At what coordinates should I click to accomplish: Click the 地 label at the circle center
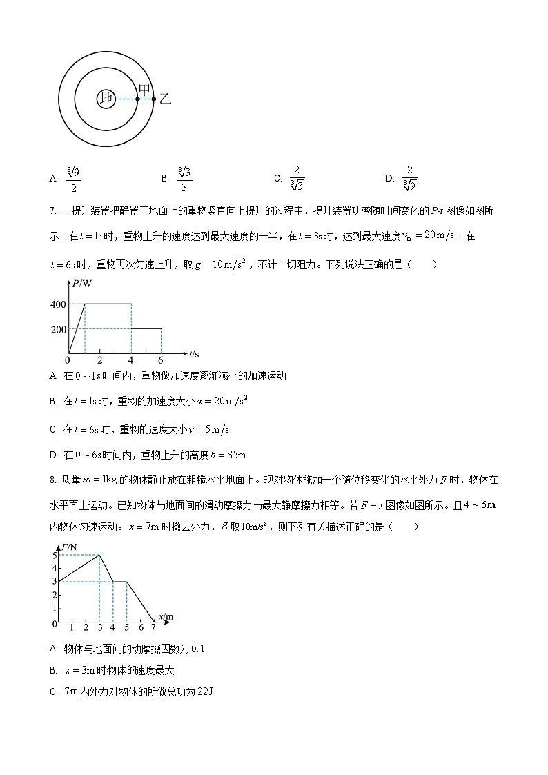point(106,99)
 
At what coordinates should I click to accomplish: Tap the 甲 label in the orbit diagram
point(144,90)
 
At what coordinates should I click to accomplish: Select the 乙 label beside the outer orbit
point(165,99)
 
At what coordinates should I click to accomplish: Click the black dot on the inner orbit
point(138,99)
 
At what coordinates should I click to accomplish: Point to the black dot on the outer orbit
point(154,99)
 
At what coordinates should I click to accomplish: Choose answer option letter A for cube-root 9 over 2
point(53,178)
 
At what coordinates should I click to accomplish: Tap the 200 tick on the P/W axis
point(58,329)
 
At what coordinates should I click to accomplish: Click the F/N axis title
point(69,547)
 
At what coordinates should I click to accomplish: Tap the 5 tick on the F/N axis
point(55,555)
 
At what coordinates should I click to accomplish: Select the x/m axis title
point(166,616)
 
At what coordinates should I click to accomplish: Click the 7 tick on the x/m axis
point(153,628)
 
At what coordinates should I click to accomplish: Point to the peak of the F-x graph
point(99,555)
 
